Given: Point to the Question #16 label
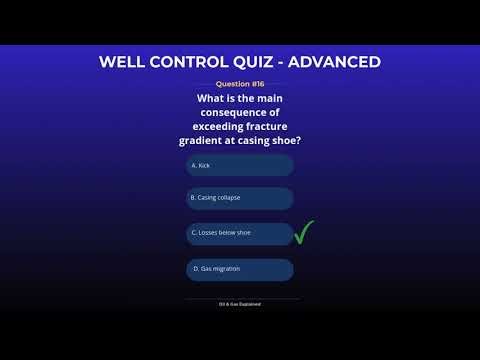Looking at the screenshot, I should (x=240, y=85).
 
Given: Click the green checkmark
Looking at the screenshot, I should (x=305, y=233).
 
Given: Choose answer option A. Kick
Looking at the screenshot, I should (x=240, y=165).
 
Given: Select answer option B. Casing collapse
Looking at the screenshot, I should (x=240, y=198).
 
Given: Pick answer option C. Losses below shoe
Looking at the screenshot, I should (x=240, y=233).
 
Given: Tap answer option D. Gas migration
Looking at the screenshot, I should (x=240, y=269).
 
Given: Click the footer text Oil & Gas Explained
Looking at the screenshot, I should (x=240, y=303).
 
